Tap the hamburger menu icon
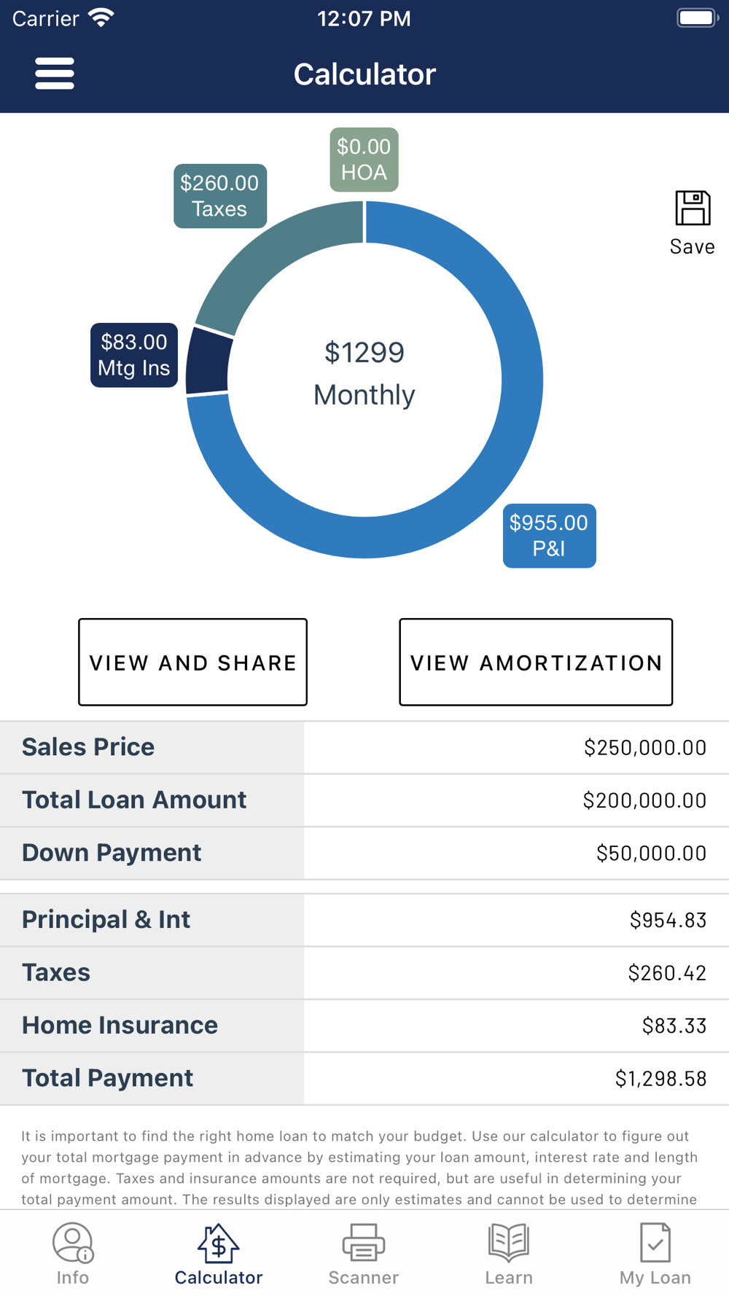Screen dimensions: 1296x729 pyautogui.click(x=55, y=74)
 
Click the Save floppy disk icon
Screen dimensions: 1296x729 pyautogui.click(x=692, y=208)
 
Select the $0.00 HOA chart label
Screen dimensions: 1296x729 pyautogui.click(x=364, y=160)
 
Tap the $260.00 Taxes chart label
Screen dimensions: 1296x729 pyautogui.click(x=219, y=196)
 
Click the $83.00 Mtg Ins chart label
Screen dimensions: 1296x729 pyautogui.click(x=134, y=355)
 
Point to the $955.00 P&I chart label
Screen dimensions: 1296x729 pyautogui.click(x=549, y=536)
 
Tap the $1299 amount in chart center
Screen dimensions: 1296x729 pyautogui.click(x=364, y=353)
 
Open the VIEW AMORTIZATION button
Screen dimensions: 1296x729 pyautogui.click(x=536, y=662)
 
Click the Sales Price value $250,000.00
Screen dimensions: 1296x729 pyautogui.click(x=644, y=748)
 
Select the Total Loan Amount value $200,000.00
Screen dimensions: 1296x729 pyautogui.click(x=644, y=800)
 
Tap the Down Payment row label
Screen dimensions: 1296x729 pyautogui.click(x=112, y=853)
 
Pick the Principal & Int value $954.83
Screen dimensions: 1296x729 pyautogui.click(x=668, y=920)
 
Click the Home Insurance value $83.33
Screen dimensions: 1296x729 pyautogui.click(x=674, y=1026)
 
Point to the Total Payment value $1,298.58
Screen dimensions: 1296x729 pyautogui.click(x=660, y=1079)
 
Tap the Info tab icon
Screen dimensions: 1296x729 pyautogui.click(x=72, y=1243)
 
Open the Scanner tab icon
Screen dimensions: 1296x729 pyautogui.click(x=364, y=1243)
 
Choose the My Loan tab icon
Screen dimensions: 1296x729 pyautogui.click(x=655, y=1243)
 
